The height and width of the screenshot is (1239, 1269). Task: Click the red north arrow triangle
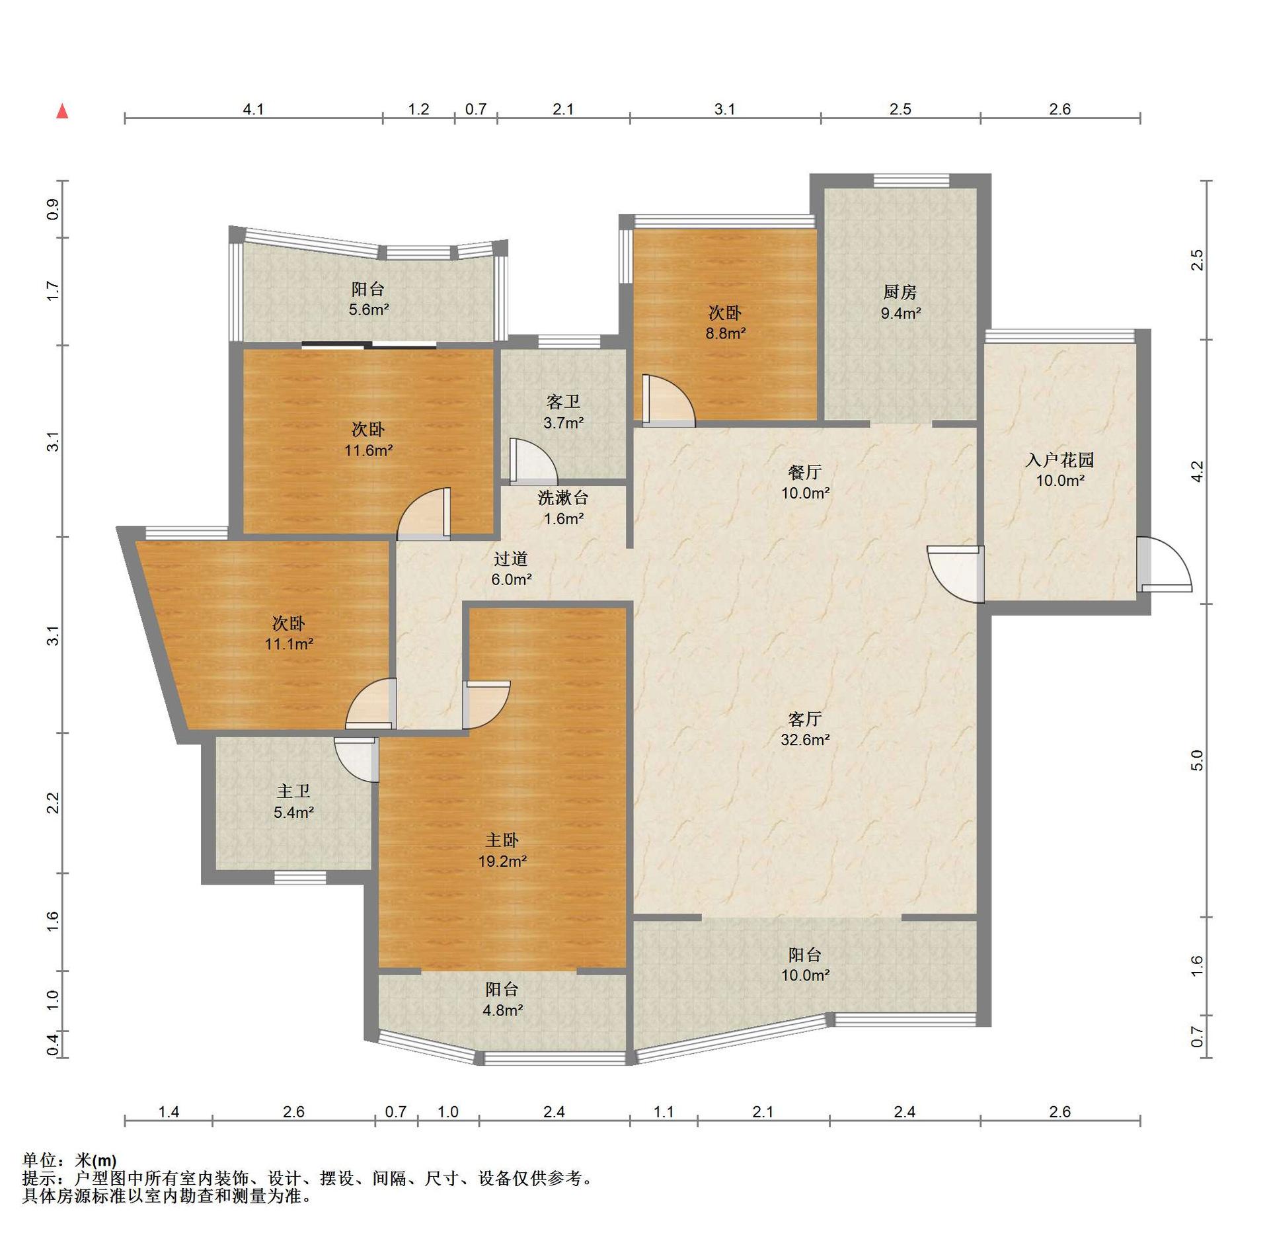pos(62,111)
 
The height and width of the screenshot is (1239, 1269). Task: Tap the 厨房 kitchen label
pos(900,292)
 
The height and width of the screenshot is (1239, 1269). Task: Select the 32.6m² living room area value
pos(805,740)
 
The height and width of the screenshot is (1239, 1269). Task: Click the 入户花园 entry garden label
pos(1059,460)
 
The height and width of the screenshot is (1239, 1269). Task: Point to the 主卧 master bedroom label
pos(502,840)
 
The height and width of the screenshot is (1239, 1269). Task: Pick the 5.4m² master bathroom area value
pos(293,813)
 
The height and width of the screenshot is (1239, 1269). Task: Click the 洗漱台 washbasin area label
pos(563,497)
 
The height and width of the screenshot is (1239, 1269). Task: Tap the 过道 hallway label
pos(511,559)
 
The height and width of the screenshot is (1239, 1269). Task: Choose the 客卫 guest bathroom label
pos(563,401)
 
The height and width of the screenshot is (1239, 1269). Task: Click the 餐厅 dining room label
pos(804,472)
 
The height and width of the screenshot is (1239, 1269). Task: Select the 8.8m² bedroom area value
pos(726,333)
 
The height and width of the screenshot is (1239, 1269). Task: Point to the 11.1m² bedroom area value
pos(289,644)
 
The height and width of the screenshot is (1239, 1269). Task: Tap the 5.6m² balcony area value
pos(369,309)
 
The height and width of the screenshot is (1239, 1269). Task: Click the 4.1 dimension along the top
pos(253,109)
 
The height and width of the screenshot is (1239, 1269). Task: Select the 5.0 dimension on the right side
pos(1198,760)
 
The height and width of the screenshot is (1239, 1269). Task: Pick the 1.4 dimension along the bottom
pos(169,1112)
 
